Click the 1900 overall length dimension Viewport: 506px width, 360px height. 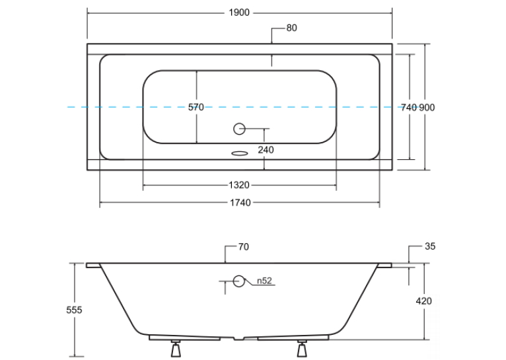(239, 13)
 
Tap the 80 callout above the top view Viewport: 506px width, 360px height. (291, 28)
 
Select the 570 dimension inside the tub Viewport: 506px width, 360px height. (196, 107)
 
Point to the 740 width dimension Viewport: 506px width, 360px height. (408, 108)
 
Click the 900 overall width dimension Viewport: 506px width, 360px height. (427, 108)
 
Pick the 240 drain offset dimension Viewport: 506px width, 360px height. (266, 150)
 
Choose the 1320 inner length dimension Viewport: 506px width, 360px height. (239, 185)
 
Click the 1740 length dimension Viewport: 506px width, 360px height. (240, 203)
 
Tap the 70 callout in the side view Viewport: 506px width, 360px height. (244, 247)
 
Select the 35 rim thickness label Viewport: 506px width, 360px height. (430, 246)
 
